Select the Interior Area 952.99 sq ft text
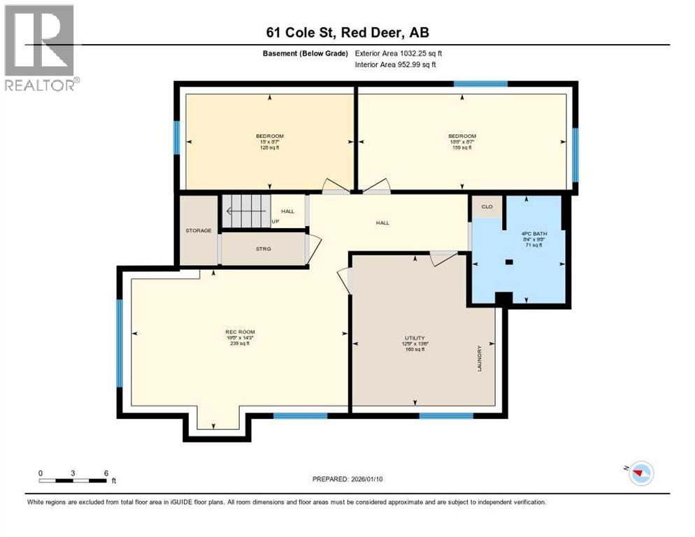pyautogui.click(x=396, y=64)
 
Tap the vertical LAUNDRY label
pyautogui.click(x=480, y=358)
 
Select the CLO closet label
pyautogui.click(x=487, y=207)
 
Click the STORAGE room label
pyautogui.click(x=198, y=230)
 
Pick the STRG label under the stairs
pyautogui.click(x=263, y=248)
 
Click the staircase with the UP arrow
pyautogui.click(x=246, y=210)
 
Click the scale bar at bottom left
pyautogui.click(x=73, y=480)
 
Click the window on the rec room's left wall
pyautogui.click(x=120, y=343)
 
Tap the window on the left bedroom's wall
pyautogui.click(x=177, y=141)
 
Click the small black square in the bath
pyautogui.click(x=509, y=262)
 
